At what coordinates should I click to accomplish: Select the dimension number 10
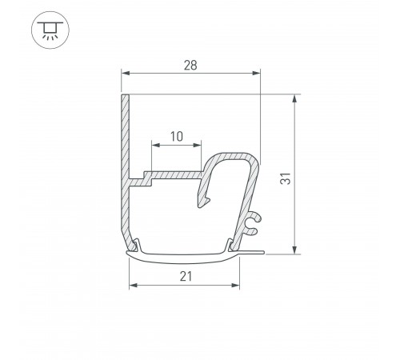[176, 136]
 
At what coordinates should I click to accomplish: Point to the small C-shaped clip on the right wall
[252, 224]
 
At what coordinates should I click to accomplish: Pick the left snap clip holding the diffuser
[138, 244]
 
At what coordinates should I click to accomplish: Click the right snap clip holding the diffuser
[233, 244]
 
